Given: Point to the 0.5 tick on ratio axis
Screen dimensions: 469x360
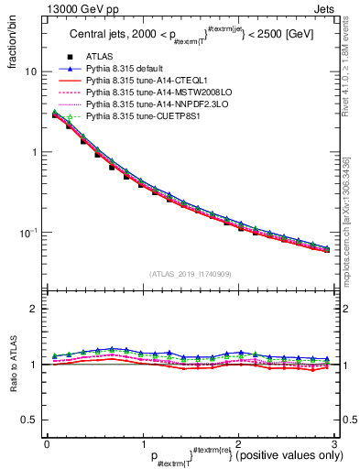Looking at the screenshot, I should (28, 420).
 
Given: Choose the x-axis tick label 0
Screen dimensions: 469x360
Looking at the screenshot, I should (47, 442).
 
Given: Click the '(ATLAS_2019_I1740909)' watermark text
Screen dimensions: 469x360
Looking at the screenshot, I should (190, 274).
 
